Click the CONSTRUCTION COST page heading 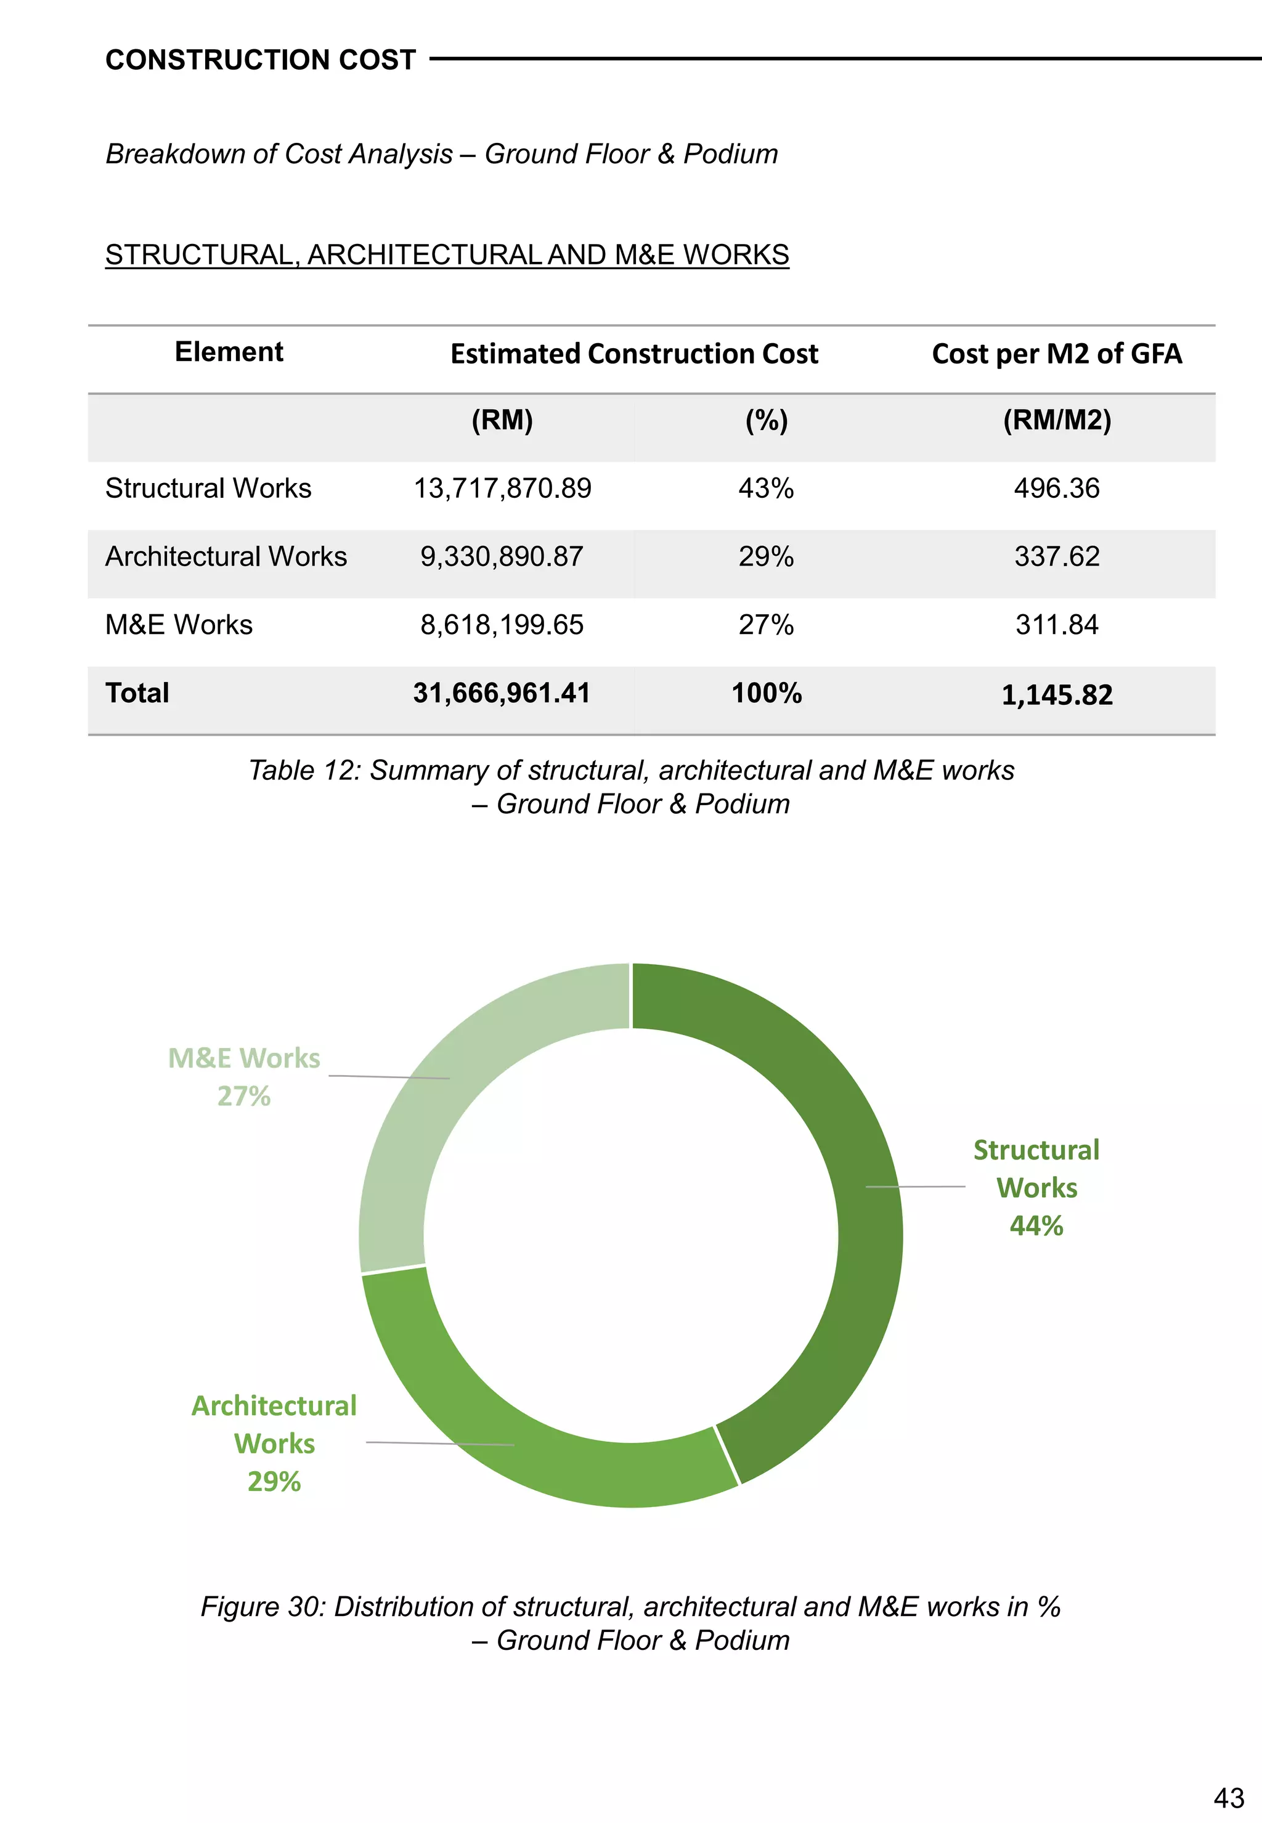coord(260,60)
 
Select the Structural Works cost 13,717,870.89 coord(502,489)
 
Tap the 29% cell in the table coord(765,556)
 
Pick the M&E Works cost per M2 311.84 coord(1056,625)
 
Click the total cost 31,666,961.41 coord(502,693)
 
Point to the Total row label coord(137,693)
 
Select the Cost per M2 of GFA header coord(1056,354)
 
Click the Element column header coord(229,352)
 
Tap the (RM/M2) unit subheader coord(1056,420)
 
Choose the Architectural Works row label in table coord(226,556)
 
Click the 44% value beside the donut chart coord(1036,1226)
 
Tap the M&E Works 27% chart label coord(245,1077)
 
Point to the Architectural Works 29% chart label coord(274,1443)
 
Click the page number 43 coord(1228,1798)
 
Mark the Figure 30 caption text coord(631,1623)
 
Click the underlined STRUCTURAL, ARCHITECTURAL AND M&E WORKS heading coord(447,254)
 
